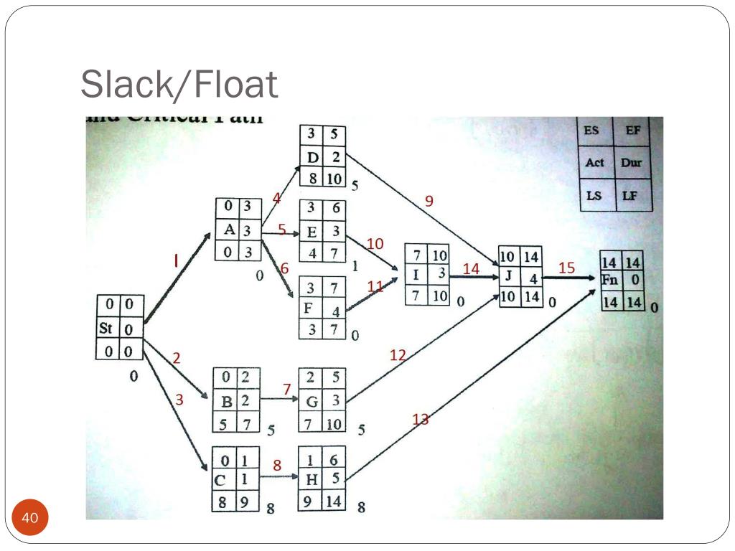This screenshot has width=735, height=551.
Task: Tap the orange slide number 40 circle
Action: click(30, 518)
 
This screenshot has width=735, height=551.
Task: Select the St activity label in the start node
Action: click(106, 329)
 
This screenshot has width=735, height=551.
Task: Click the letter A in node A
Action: click(229, 230)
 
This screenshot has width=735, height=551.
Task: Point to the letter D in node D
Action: click(313, 156)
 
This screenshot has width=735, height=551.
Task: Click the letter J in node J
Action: click(507, 276)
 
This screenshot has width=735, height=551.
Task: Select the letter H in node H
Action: click(312, 480)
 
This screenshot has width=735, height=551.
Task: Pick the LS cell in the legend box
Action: click(594, 194)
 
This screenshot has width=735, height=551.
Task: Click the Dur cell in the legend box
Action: click(632, 162)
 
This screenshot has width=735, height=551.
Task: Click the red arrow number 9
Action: click(429, 201)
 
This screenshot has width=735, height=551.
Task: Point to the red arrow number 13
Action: click(421, 419)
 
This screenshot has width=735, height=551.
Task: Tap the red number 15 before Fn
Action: click(566, 268)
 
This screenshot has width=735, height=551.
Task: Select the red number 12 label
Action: click(398, 354)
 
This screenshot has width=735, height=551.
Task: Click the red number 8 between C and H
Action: click(276, 466)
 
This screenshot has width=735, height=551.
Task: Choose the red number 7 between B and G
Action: click(286, 389)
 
